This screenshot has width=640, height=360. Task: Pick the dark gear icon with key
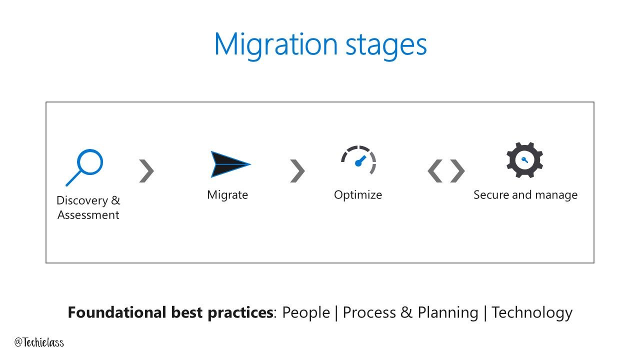[x=524, y=160]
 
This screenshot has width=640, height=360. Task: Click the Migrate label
[x=227, y=194]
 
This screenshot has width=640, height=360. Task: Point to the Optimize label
[x=358, y=194]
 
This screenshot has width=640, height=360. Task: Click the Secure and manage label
[x=525, y=194]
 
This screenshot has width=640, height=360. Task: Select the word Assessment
[x=88, y=215]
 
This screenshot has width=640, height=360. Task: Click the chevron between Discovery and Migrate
[x=146, y=171]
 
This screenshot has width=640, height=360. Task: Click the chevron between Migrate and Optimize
[x=297, y=171]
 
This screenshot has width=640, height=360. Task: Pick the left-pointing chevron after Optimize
[x=435, y=171]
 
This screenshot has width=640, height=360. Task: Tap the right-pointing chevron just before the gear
[x=457, y=171]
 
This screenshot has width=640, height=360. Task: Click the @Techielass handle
[x=39, y=342]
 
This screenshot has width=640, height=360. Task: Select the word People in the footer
[x=306, y=312]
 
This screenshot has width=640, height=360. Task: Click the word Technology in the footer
[x=532, y=312]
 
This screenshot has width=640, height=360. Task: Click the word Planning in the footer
[x=447, y=312]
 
